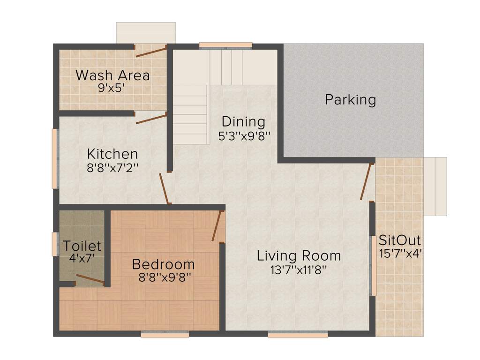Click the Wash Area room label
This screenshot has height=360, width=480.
click(x=112, y=75)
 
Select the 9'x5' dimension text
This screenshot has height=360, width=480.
click(x=111, y=88)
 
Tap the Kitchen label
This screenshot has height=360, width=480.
click(x=112, y=154)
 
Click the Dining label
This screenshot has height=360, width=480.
click(x=243, y=122)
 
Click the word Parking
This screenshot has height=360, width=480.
click(x=350, y=100)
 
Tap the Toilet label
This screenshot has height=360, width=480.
click(x=82, y=246)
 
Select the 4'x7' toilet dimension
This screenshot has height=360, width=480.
click(x=82, y=257)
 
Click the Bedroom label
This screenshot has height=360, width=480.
click(x=163, y=264)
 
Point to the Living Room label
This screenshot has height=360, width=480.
click(x=299, y=256)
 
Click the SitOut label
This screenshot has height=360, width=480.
click(x=399, y=240)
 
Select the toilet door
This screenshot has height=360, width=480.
click(x=90, y=280)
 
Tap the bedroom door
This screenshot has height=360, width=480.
click(x=217, y=226)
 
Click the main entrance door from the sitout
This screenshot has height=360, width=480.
click(x=367, y=181)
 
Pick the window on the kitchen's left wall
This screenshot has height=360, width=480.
click(x=54, y=158)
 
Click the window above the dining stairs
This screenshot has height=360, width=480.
click(x=225, y=45)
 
